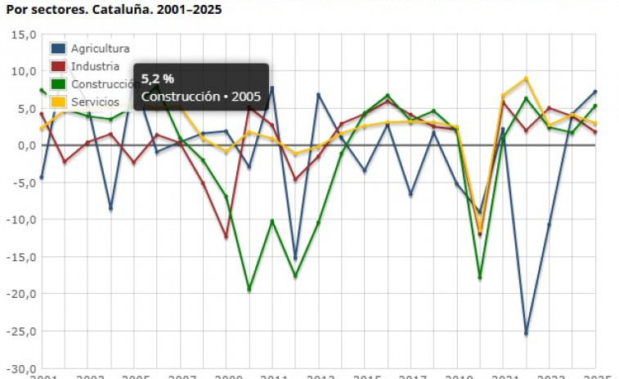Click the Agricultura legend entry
tap(100, 48)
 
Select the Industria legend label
tap(95, 66)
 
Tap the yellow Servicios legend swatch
tap(59, 102)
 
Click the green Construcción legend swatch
tap(59, 84)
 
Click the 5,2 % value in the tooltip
tap(158, 79)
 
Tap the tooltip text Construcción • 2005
tap(201, 97)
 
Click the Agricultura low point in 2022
tap(526, 333)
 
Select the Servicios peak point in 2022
tap(526, 79)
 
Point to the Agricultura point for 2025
tap(595, 92)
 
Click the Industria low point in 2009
tap(227, 237)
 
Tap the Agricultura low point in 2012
tap(295, 259)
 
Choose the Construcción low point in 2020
tap(480, 277)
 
